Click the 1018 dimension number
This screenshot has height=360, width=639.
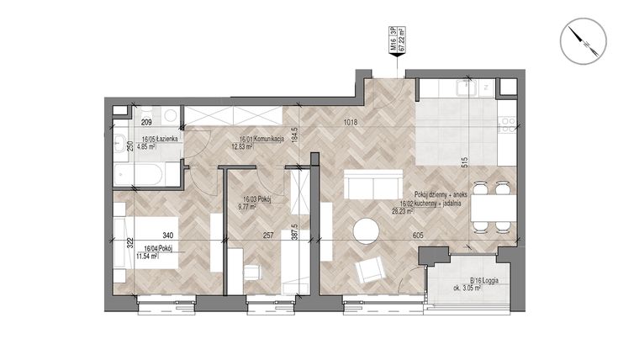pyautogui.click(x=351, y=123)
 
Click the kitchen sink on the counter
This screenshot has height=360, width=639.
pyautogui.click(x=462, y=88)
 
